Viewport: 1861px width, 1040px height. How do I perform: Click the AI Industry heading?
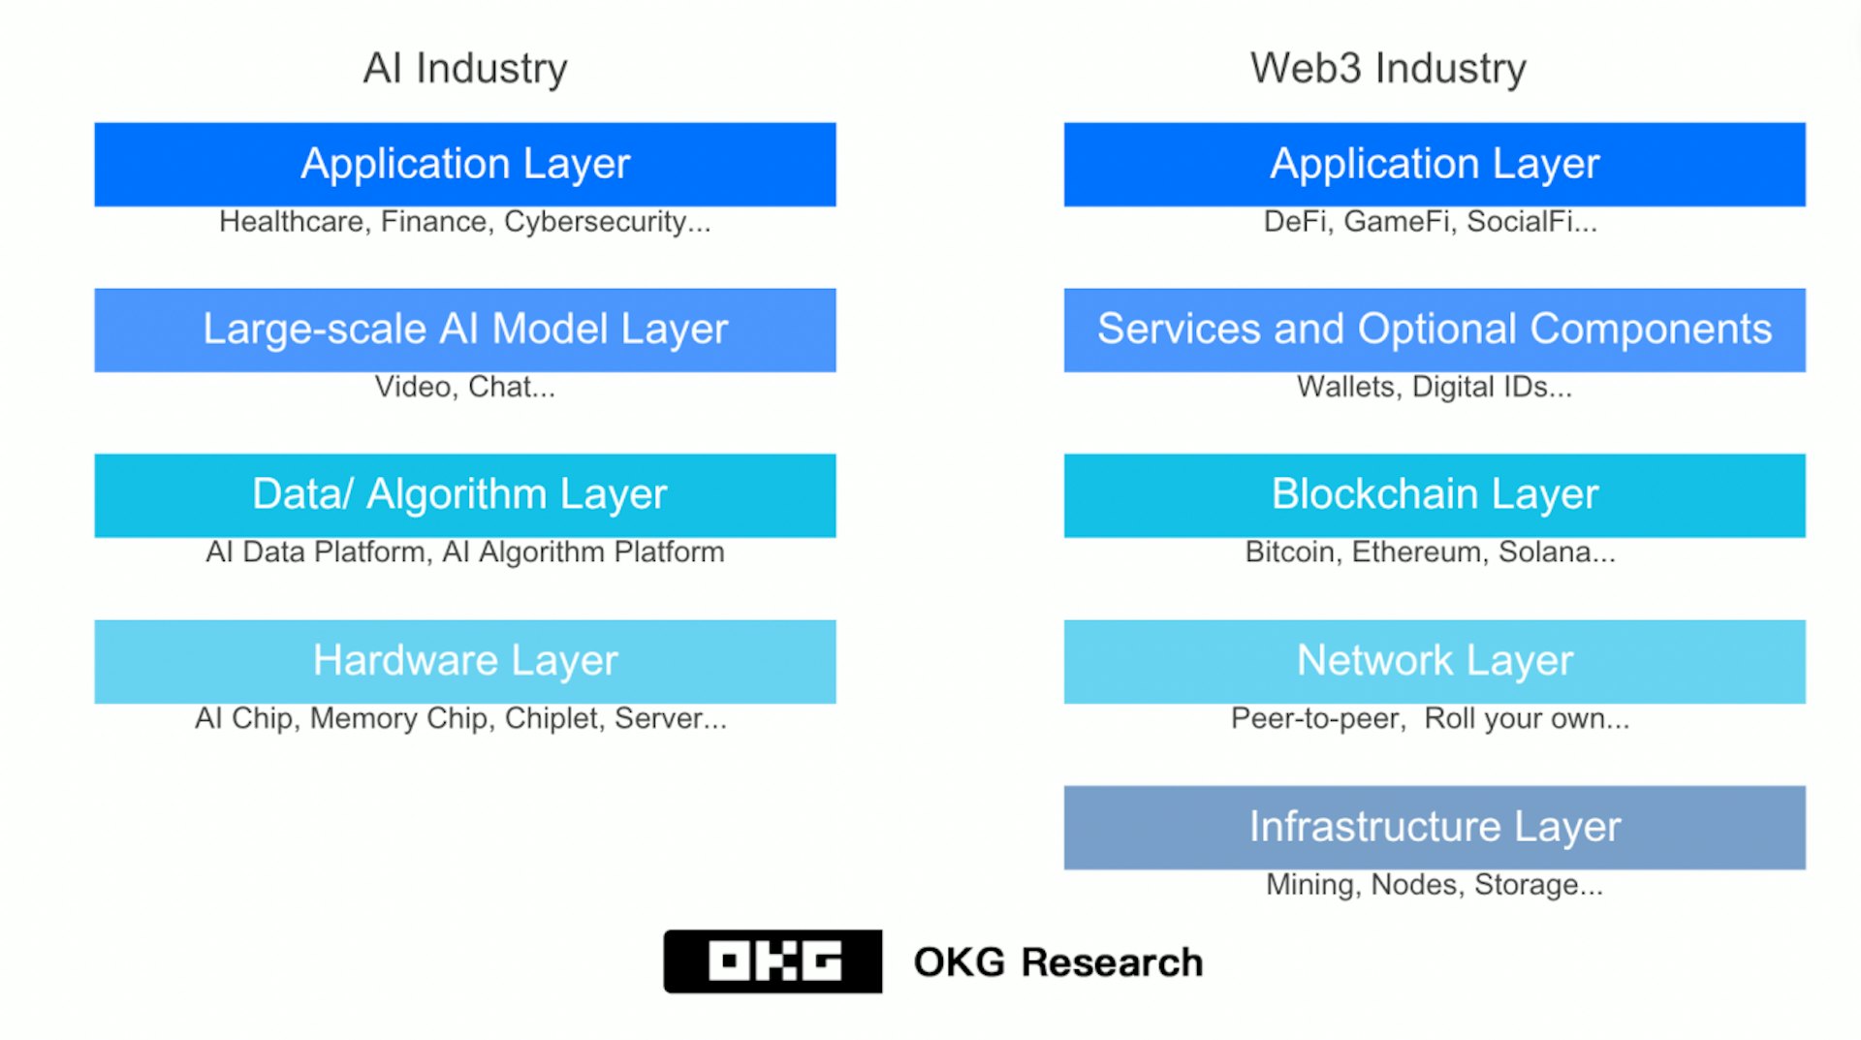(x=465, y=69)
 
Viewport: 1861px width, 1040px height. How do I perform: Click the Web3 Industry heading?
(x=1388, y=69)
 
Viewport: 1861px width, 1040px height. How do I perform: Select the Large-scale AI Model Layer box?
(x=465, y=330)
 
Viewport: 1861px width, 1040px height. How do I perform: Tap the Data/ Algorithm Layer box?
(x=465, y=495)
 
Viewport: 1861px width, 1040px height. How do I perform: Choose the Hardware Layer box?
(x=465, y=661)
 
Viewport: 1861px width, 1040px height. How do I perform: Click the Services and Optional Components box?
(x=1435, y=330)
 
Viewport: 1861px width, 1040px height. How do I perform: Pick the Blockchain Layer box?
(x=1435, y=495)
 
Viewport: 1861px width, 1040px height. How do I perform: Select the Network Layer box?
(x=1435, y=661)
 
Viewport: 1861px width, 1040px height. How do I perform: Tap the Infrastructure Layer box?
(x=1435, y=827)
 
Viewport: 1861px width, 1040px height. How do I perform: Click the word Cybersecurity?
(x=595, y=222)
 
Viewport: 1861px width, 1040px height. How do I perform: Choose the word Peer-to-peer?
(x=1317, y=718)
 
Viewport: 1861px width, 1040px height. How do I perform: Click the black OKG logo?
(x=773, y=961)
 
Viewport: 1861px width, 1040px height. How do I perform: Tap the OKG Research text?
(x=1057, y=962)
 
